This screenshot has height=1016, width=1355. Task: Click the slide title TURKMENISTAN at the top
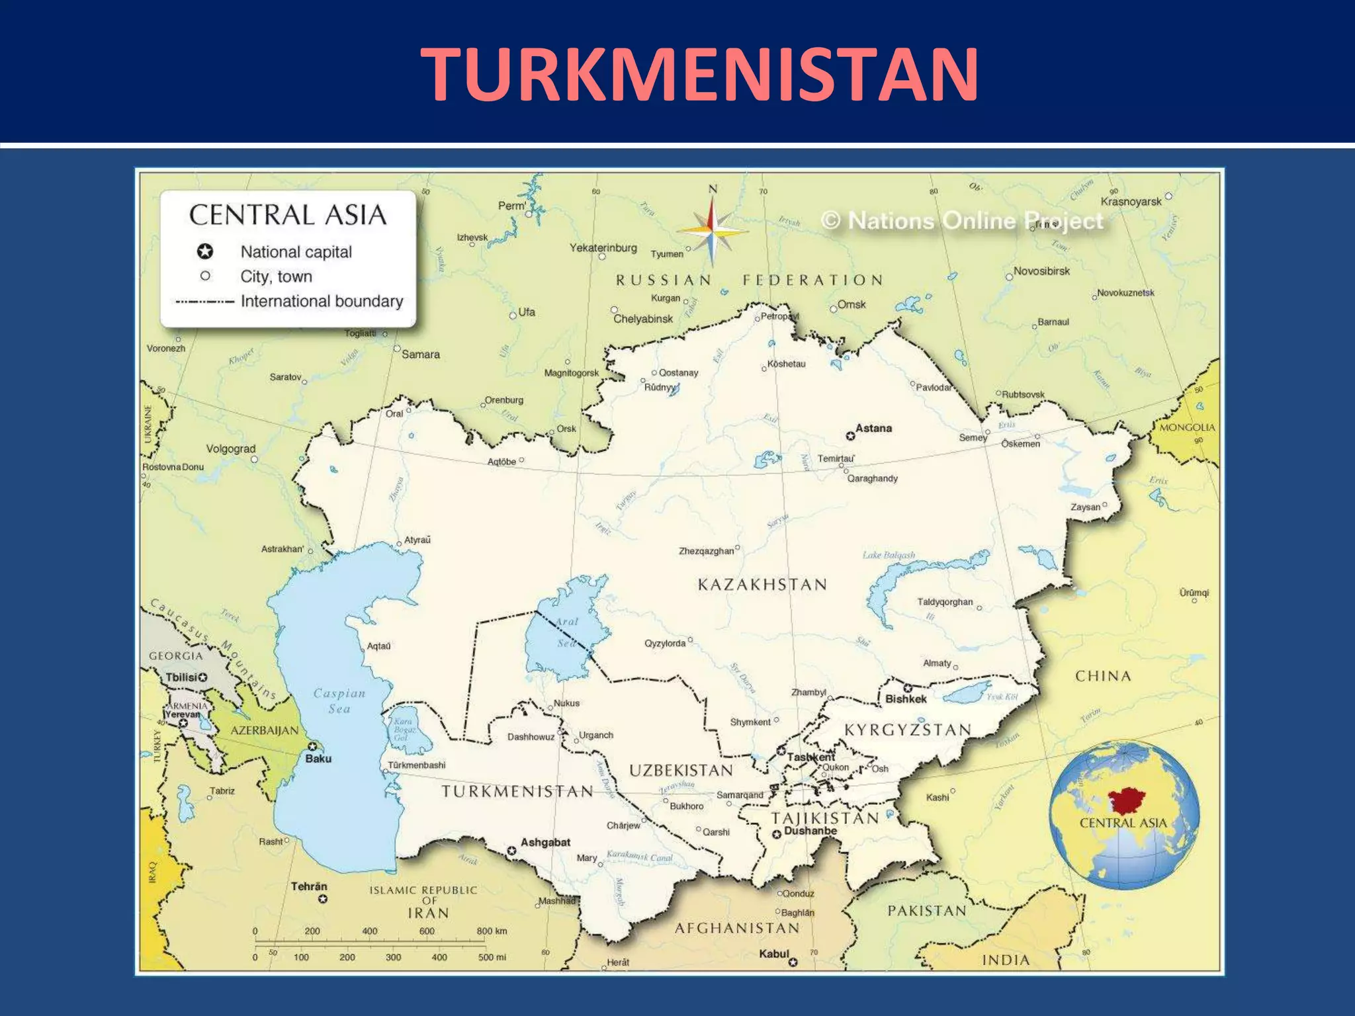coord(699,74)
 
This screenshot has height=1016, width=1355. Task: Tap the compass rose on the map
coord(712,230)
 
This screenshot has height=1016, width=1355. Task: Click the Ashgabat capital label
coord(545,842)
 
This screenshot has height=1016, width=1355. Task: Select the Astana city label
coord(873,429)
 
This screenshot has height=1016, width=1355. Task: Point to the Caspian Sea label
coord(339,700)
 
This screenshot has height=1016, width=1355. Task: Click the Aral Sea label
coord(566,632)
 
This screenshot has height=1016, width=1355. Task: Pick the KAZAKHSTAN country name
coord(762,585)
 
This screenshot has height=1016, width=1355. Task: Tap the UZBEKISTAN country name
coord(681,771)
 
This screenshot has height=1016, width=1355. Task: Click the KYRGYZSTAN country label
coord(908,730)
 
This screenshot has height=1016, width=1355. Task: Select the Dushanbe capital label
coord(810,831)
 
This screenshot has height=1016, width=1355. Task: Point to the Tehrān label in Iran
coord(309,886)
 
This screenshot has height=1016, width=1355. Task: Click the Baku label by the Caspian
coord(318,759)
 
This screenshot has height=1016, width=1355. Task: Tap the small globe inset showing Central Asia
coord(1123,814)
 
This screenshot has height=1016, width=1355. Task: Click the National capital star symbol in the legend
coord(205,251)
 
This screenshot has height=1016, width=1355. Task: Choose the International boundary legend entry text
coord(322,302)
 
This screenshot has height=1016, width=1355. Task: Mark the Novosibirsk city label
coord(1041,271)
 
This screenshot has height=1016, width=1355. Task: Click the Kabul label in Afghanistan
coord(774,954)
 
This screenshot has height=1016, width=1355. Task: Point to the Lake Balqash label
coord(889,555)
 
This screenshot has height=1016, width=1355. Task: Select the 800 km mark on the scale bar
coord(492,931)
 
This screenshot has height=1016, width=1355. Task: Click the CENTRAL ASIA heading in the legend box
coord(288,216)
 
